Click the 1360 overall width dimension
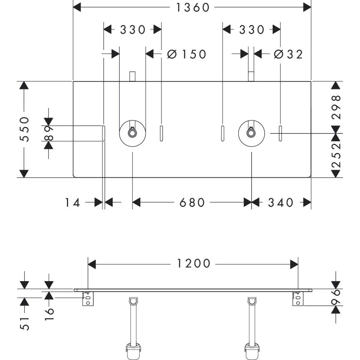pos(192,8)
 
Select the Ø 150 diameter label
pos(187,54)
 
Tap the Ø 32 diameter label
pos(288,54)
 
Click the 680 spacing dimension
pos(192,202)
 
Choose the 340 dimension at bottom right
pos(280,202)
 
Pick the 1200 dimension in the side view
pos(193,264)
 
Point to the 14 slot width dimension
pos(73,203)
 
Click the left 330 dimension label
pos(133,30)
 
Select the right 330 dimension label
pos(251,30)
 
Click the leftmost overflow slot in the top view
pos(103,133)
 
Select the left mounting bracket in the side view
pos(88,299)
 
